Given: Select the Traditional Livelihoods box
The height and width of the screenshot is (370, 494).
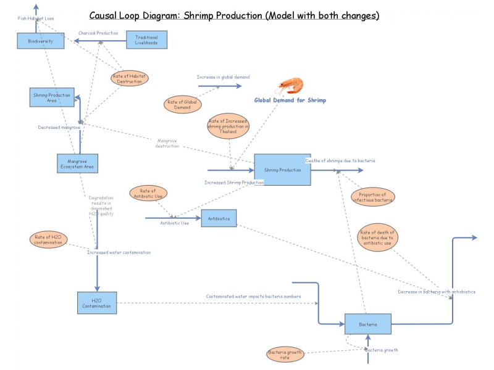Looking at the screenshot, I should [x=146, y=41].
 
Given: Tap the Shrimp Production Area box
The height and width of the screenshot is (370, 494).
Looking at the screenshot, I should [x=52, y=97].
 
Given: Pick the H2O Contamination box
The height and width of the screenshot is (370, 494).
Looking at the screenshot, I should [x=96, y=303].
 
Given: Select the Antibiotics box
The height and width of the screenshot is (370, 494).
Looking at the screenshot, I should [x=219, y=218].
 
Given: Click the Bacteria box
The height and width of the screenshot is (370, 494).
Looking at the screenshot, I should [x=367, y=324].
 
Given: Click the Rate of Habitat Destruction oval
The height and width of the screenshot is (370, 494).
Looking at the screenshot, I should [x=130, y=78].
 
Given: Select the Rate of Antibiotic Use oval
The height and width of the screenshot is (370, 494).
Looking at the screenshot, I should [x=148, y=193].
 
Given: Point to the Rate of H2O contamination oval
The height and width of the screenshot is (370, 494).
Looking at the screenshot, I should [x=48, y=240].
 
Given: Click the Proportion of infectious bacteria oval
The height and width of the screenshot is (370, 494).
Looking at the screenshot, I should [x=372, y=197].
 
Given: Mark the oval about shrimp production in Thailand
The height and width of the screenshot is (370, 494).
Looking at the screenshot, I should [x=228, y=126].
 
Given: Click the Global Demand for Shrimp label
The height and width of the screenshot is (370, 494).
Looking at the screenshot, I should [x=290, y=100].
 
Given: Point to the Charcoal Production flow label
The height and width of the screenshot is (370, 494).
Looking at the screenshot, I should [x=98, y=33].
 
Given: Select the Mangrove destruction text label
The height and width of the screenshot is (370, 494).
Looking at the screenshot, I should [x=167, y=143].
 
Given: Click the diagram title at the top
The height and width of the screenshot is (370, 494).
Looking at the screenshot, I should [x=234, y=15].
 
